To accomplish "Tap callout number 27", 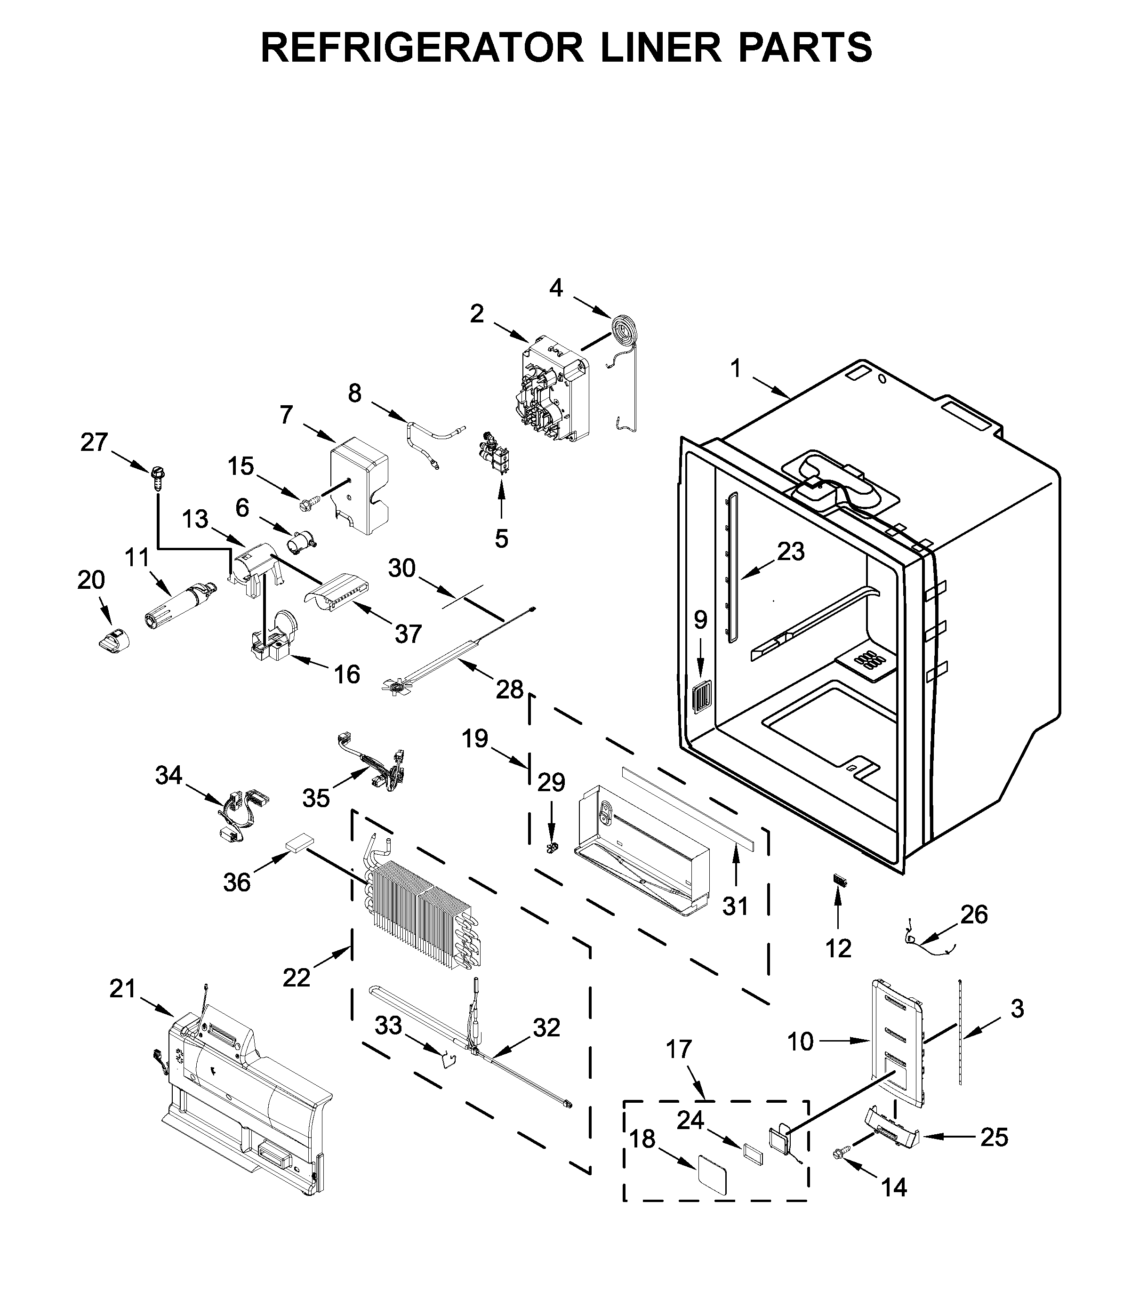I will coord(94,442).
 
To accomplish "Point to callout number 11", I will coord(137,558).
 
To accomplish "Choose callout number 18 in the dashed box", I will coord(642,1139).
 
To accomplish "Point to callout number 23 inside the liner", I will coord(791,552).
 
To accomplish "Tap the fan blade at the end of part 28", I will coord(397,685).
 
